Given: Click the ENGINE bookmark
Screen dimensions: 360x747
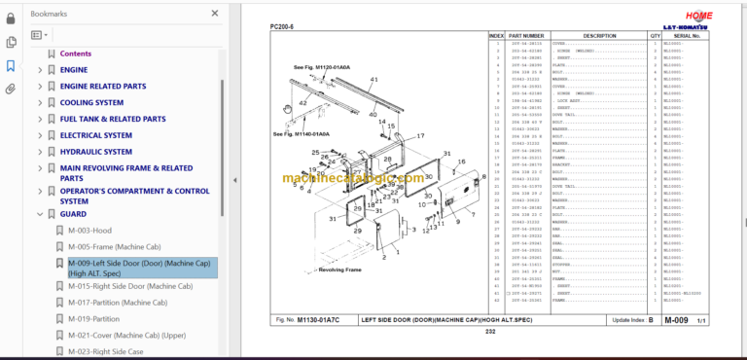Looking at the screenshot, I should pyautogui.click(x=74, y=70).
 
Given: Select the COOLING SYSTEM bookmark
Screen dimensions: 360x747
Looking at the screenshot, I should pyautogui.click(x=91, y=102).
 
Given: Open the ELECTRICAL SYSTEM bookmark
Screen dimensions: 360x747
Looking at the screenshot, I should pyautogui.click(x=95, y=135).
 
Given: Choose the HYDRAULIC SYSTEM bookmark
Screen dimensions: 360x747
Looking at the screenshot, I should pyautogui.click(x=95, y=152).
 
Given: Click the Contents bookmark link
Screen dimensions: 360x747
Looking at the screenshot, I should pyautogui.click(x=76, y=54).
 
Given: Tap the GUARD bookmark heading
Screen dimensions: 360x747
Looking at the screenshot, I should pyautogui.click(x=73, y=214).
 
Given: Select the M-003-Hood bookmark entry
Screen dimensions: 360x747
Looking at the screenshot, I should pyautogui.click(x=89, y=231).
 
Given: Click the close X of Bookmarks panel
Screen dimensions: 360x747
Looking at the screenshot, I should pyautogui.click(x=215, y=14).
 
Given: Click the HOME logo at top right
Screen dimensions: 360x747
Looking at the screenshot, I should pyautogui.click(x=698, y=17).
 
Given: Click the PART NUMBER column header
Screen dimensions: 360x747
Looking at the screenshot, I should pyautogui.click(x=526, y=36).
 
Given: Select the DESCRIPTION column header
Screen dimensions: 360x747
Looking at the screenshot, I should pyautogui.click(x=597, y=36).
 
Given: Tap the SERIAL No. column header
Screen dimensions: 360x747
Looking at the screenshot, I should pyautogui.click(x=688, y=36).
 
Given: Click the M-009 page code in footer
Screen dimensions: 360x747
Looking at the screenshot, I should pyautogui.click(x=676, y=319).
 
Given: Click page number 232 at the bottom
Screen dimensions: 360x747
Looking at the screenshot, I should pyautogui.click(x=490, y=333).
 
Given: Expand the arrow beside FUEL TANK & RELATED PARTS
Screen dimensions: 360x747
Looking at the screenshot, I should pyautogui.click(x=40, y=119).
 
